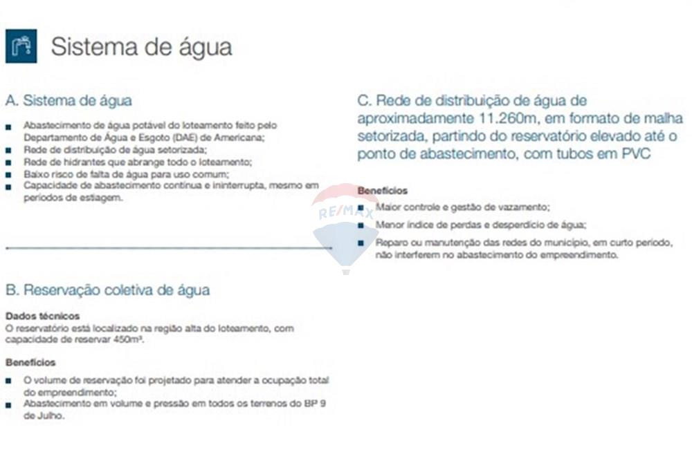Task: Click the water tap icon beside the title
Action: (21, 46)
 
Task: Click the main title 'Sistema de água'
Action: (141, 47)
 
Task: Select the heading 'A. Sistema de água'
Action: (69, 101)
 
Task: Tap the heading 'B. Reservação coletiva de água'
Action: (107, 290)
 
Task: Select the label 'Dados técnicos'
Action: (42, 316)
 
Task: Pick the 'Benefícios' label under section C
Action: (383, 191)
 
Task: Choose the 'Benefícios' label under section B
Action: (30, 362)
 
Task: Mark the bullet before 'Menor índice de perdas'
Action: (361, 225)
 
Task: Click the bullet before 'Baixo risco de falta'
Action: (8, 174)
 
